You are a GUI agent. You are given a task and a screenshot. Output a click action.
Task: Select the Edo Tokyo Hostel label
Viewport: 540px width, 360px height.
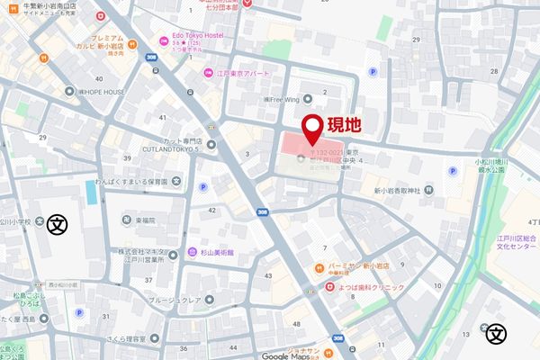[203, 36]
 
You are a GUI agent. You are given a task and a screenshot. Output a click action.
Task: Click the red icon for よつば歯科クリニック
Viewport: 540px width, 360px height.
[329, 287]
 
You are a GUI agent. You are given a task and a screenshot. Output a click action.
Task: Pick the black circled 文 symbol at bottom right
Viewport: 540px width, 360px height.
[494, 334]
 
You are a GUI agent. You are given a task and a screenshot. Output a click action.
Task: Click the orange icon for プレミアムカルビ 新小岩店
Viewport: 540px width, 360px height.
[132, 43]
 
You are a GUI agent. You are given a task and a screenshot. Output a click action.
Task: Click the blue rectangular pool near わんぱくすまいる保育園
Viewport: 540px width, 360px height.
[91, 192]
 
